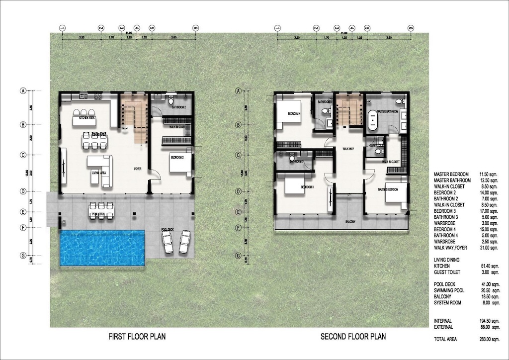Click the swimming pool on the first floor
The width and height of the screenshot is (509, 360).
point(102,247)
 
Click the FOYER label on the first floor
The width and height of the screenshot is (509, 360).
point(138,169)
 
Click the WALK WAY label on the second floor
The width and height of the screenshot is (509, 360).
point(348,149)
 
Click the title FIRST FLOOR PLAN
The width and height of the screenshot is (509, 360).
point(137,337)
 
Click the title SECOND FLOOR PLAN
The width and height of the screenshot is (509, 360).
point(352,337)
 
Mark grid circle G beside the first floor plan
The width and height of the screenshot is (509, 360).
point(22,257)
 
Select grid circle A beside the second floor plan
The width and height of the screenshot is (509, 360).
point(238,91)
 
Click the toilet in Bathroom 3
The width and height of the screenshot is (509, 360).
point(293,155)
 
